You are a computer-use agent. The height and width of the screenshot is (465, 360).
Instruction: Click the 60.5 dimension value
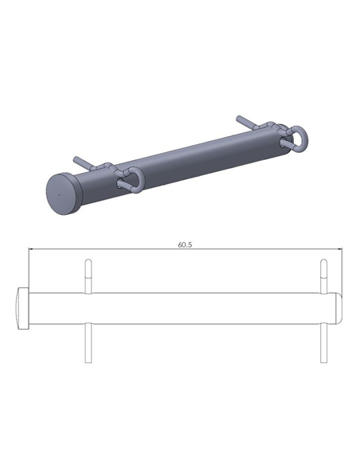[185, 244]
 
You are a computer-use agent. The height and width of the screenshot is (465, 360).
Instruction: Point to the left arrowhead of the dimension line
[31, 251]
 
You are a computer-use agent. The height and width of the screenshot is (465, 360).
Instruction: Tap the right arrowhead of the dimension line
[340, 251]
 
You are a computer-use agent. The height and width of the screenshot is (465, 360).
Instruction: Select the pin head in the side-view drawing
[23, 308]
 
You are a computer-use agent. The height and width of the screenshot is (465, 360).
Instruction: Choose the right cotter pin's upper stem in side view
[323, 275]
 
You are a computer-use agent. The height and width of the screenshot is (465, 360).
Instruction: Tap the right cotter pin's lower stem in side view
[323, 343]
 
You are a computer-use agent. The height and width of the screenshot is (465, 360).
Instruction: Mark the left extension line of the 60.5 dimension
[29, 271]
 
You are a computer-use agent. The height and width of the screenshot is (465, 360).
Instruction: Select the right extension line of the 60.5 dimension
[342, 271]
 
